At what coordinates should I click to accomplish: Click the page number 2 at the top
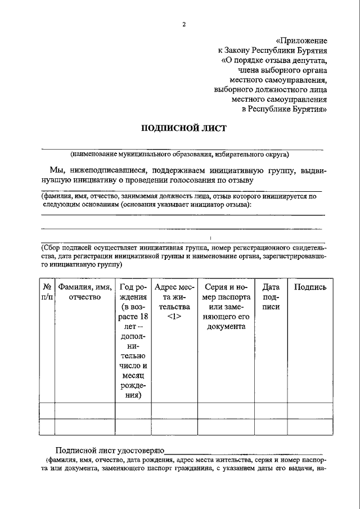[183, 24]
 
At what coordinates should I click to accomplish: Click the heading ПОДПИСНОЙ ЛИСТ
[183, 128]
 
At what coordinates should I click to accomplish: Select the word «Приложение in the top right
[302, 40]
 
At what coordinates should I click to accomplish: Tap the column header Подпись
[310, 287]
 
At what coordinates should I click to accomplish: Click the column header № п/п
[47, 291]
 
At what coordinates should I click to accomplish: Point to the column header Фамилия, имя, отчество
[84, 291]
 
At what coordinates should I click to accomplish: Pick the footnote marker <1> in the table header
[174, 317]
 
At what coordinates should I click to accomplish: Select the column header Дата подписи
[271, 296]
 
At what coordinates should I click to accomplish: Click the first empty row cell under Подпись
[310, 411]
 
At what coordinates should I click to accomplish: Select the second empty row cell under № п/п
[47, 427]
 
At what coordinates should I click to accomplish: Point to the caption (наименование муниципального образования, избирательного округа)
[179, 154]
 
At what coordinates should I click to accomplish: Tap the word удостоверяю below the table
[137, 451]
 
